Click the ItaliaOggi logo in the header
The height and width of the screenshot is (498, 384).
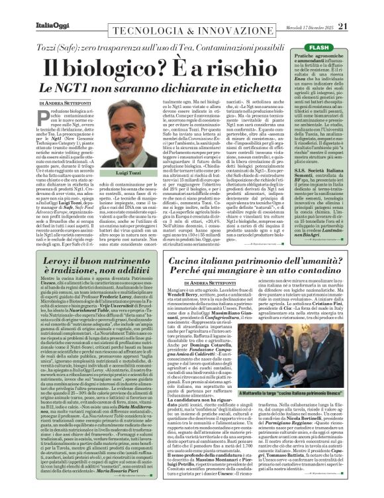point(28,7)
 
